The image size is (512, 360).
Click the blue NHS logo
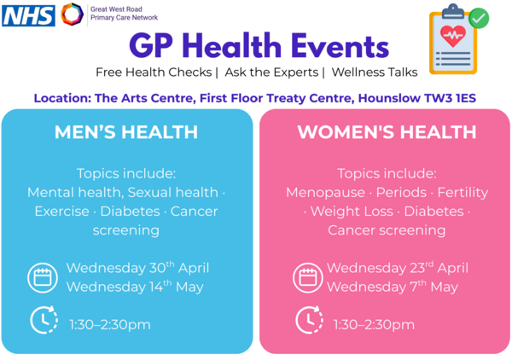28,15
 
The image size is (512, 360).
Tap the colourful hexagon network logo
73,14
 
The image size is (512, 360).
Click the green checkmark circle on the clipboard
479,17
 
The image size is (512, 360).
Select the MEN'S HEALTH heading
126,132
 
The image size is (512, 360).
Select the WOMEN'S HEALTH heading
387,132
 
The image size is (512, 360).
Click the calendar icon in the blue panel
42,277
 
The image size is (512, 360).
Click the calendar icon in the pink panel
307,277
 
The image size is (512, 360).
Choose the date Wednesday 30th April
137,268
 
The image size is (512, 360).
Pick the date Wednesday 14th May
134,287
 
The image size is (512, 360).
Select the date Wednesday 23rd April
397,268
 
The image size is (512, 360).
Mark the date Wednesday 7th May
393,287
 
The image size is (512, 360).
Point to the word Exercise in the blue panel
61,211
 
